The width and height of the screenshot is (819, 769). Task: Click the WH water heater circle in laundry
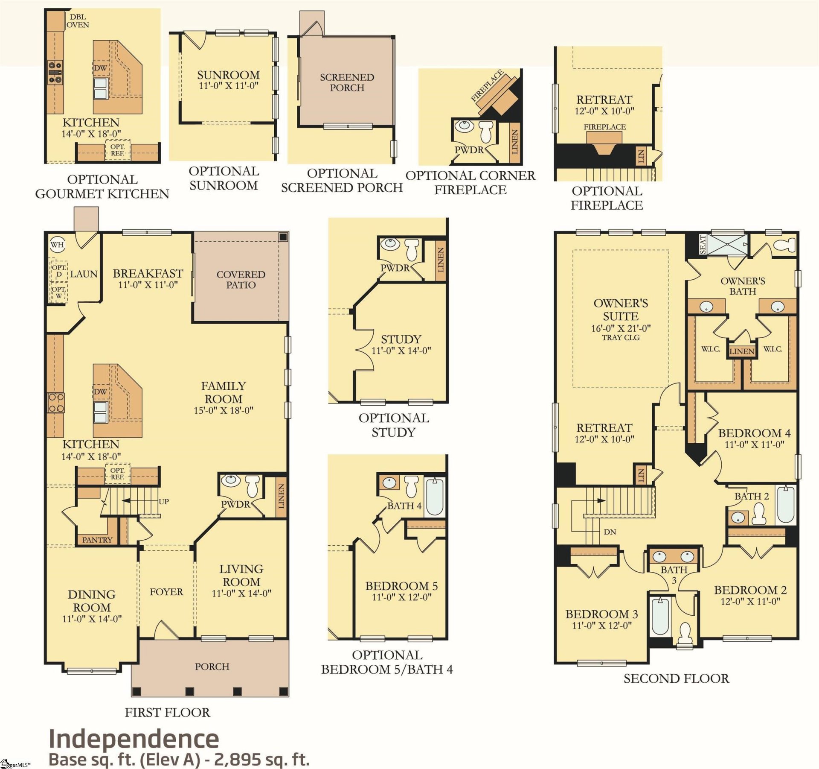tap(57, 245)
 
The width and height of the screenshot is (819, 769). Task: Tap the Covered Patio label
tap(241, 280)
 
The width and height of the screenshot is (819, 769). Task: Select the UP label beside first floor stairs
tap(164, 501)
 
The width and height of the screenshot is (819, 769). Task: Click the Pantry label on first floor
tap(97, 540)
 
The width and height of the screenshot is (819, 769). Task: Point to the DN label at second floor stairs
tap(610, 532)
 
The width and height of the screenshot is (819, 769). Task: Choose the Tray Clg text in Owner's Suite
tap(621, 338)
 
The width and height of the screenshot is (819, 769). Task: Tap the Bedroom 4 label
tap(754, 433)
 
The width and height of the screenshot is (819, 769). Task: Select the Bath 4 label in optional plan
tap(404, 506)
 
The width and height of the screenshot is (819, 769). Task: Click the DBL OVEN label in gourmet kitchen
tap(78, 21)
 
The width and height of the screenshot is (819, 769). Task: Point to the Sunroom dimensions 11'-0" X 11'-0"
tap(229, 86)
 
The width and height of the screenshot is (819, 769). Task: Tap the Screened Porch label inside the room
tap(347, 82)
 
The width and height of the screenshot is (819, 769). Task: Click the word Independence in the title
tap(134, 739)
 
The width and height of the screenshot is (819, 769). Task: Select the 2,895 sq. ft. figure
tap(261, 760)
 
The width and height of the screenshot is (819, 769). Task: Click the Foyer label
tap(166, 592)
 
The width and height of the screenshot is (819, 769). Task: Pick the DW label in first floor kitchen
tap(100, 392)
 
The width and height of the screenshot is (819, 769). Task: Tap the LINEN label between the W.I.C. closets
tap(742, 351)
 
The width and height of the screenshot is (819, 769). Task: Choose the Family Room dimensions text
tap(224, 410)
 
